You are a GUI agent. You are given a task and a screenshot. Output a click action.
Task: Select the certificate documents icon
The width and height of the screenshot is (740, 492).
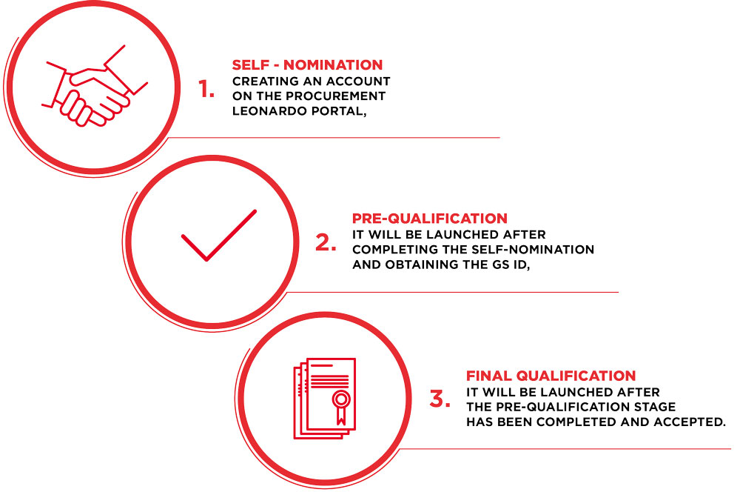coord(325,399)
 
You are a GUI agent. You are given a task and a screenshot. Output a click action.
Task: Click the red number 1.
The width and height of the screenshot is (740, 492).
coord(206,89)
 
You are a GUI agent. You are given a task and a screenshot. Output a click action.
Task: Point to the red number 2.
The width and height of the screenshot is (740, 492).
coord(326,242)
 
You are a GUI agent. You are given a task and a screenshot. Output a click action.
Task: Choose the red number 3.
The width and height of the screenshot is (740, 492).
coord(440,399)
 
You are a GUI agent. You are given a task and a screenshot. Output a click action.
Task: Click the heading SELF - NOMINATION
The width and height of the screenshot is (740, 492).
coord(307,64)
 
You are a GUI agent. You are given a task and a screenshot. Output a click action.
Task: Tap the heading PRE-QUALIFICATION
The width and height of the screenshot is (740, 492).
coord(429,219)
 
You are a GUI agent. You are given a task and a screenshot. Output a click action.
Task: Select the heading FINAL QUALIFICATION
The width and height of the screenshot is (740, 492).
coord(551,376)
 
